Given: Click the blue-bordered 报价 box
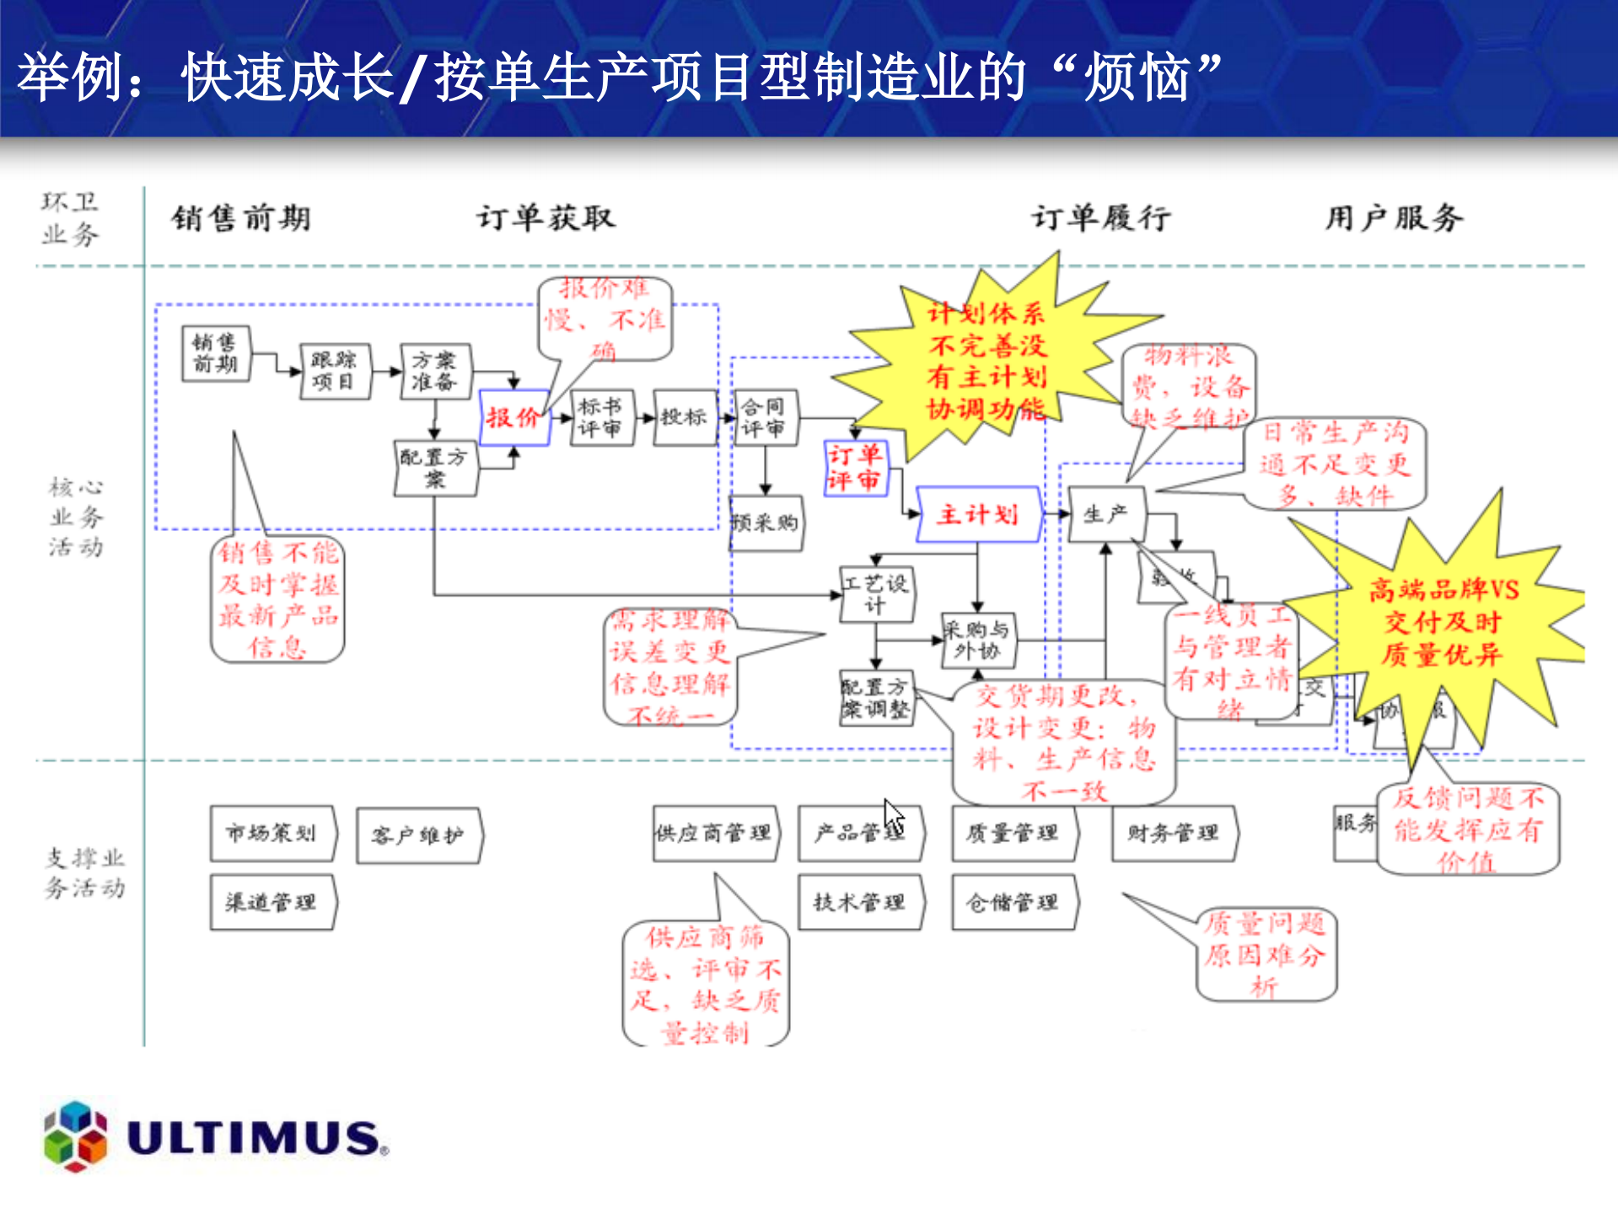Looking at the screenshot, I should pyautogui.click(x=513, y=417).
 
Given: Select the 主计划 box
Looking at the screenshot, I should pyautogui.click(x=978, y=514).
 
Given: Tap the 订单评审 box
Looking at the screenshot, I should pyautogui.click(x=855, y=468).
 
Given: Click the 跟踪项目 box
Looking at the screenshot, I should pyautogui.click(x=335, y=371).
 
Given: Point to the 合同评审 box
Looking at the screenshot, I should pyautogui.click(x=765, y=418).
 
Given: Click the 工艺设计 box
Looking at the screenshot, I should pyautogui.click(x=877, y=594).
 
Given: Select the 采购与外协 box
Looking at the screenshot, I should pyautogui.click(x=977, y=641).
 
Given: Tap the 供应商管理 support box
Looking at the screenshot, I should pyautogui.click(x=714, y=834).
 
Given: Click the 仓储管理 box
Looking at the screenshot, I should pyautogui.click(x=1013, y=903).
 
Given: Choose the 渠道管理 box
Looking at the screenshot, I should pyautogui.click(x=271, y=903).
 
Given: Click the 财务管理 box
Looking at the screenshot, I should pyautogui.click(x=1173, y=834).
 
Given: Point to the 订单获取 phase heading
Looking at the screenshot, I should pyautogui.click(x=546, y=218).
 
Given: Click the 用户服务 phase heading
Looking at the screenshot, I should pyautogui.click(x=1393, y=218).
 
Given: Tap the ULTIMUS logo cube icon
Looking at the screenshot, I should pyautogui.click(x=76, y=1135).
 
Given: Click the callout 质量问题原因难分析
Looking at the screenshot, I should pyautogui.click(x=1265, y=955).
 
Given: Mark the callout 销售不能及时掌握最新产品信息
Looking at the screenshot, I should pyautogui.click(x=277, y=599).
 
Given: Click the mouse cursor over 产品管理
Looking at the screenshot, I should pyautogui.click(x=894, y=818).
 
